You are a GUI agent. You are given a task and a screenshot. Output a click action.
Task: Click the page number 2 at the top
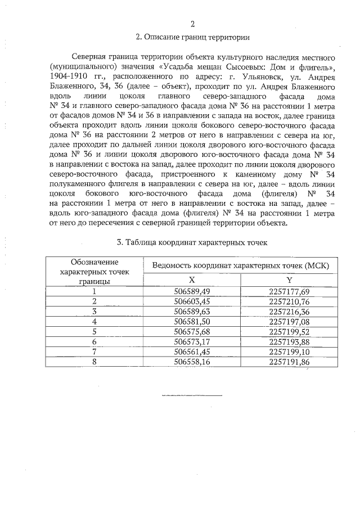click(x=192, y=24)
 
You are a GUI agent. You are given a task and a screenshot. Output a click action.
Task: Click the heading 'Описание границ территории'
click(x=192, y=38)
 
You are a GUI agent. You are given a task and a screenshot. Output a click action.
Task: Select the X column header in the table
click(x=192, y=280)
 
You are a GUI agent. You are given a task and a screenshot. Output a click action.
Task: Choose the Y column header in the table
click(x=289, y=280)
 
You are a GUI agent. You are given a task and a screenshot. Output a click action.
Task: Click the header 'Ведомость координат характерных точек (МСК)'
click(x=241, y=265)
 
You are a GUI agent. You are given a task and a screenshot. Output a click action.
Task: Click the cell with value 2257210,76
click(x=289, y=301)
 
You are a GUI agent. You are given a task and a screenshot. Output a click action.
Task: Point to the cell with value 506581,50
click(x=192, y=321)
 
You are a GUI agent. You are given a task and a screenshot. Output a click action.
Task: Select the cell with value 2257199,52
click(x=289, y=331)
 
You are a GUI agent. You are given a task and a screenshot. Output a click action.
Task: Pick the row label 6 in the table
click(x=94, y=341)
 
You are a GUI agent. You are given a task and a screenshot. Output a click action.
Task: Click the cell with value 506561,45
click(x=192, y=352)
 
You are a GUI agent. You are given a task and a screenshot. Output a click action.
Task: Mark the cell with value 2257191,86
click(x=289, y=362)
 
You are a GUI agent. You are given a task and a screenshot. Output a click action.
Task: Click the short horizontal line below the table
click(x=192, y=395)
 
